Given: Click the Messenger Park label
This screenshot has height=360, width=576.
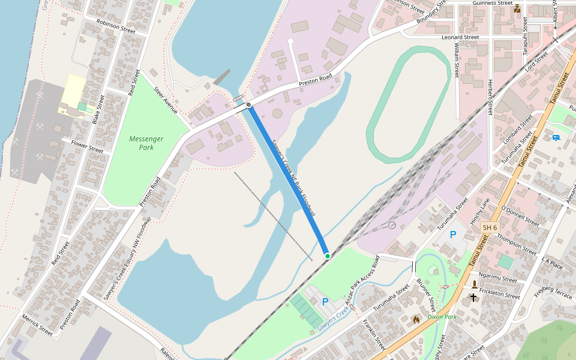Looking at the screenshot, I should point(146,143).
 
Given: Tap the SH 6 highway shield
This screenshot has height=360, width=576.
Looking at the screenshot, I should point(490,227).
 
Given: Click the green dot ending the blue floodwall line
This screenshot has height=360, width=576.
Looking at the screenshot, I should point(328,256).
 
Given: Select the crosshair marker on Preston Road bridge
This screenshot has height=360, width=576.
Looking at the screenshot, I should point(248,104).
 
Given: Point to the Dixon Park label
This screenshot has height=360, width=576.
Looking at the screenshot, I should point(442,316).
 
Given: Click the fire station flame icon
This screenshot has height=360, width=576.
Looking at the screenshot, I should point(416,320).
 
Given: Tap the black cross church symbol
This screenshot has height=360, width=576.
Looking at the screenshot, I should point(473,297).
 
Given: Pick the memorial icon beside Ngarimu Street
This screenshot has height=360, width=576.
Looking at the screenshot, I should point(474,284).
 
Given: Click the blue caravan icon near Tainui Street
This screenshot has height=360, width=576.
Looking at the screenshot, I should point(556,137).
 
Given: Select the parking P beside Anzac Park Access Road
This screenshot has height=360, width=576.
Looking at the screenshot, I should point(325,302).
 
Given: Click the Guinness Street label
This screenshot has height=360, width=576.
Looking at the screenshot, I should point(492,3).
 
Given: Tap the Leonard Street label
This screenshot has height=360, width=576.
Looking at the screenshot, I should point(460,37).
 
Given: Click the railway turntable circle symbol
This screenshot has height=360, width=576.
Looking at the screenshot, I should point(392,225).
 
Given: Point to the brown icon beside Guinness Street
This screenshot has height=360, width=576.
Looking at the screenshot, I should point(517,8).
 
